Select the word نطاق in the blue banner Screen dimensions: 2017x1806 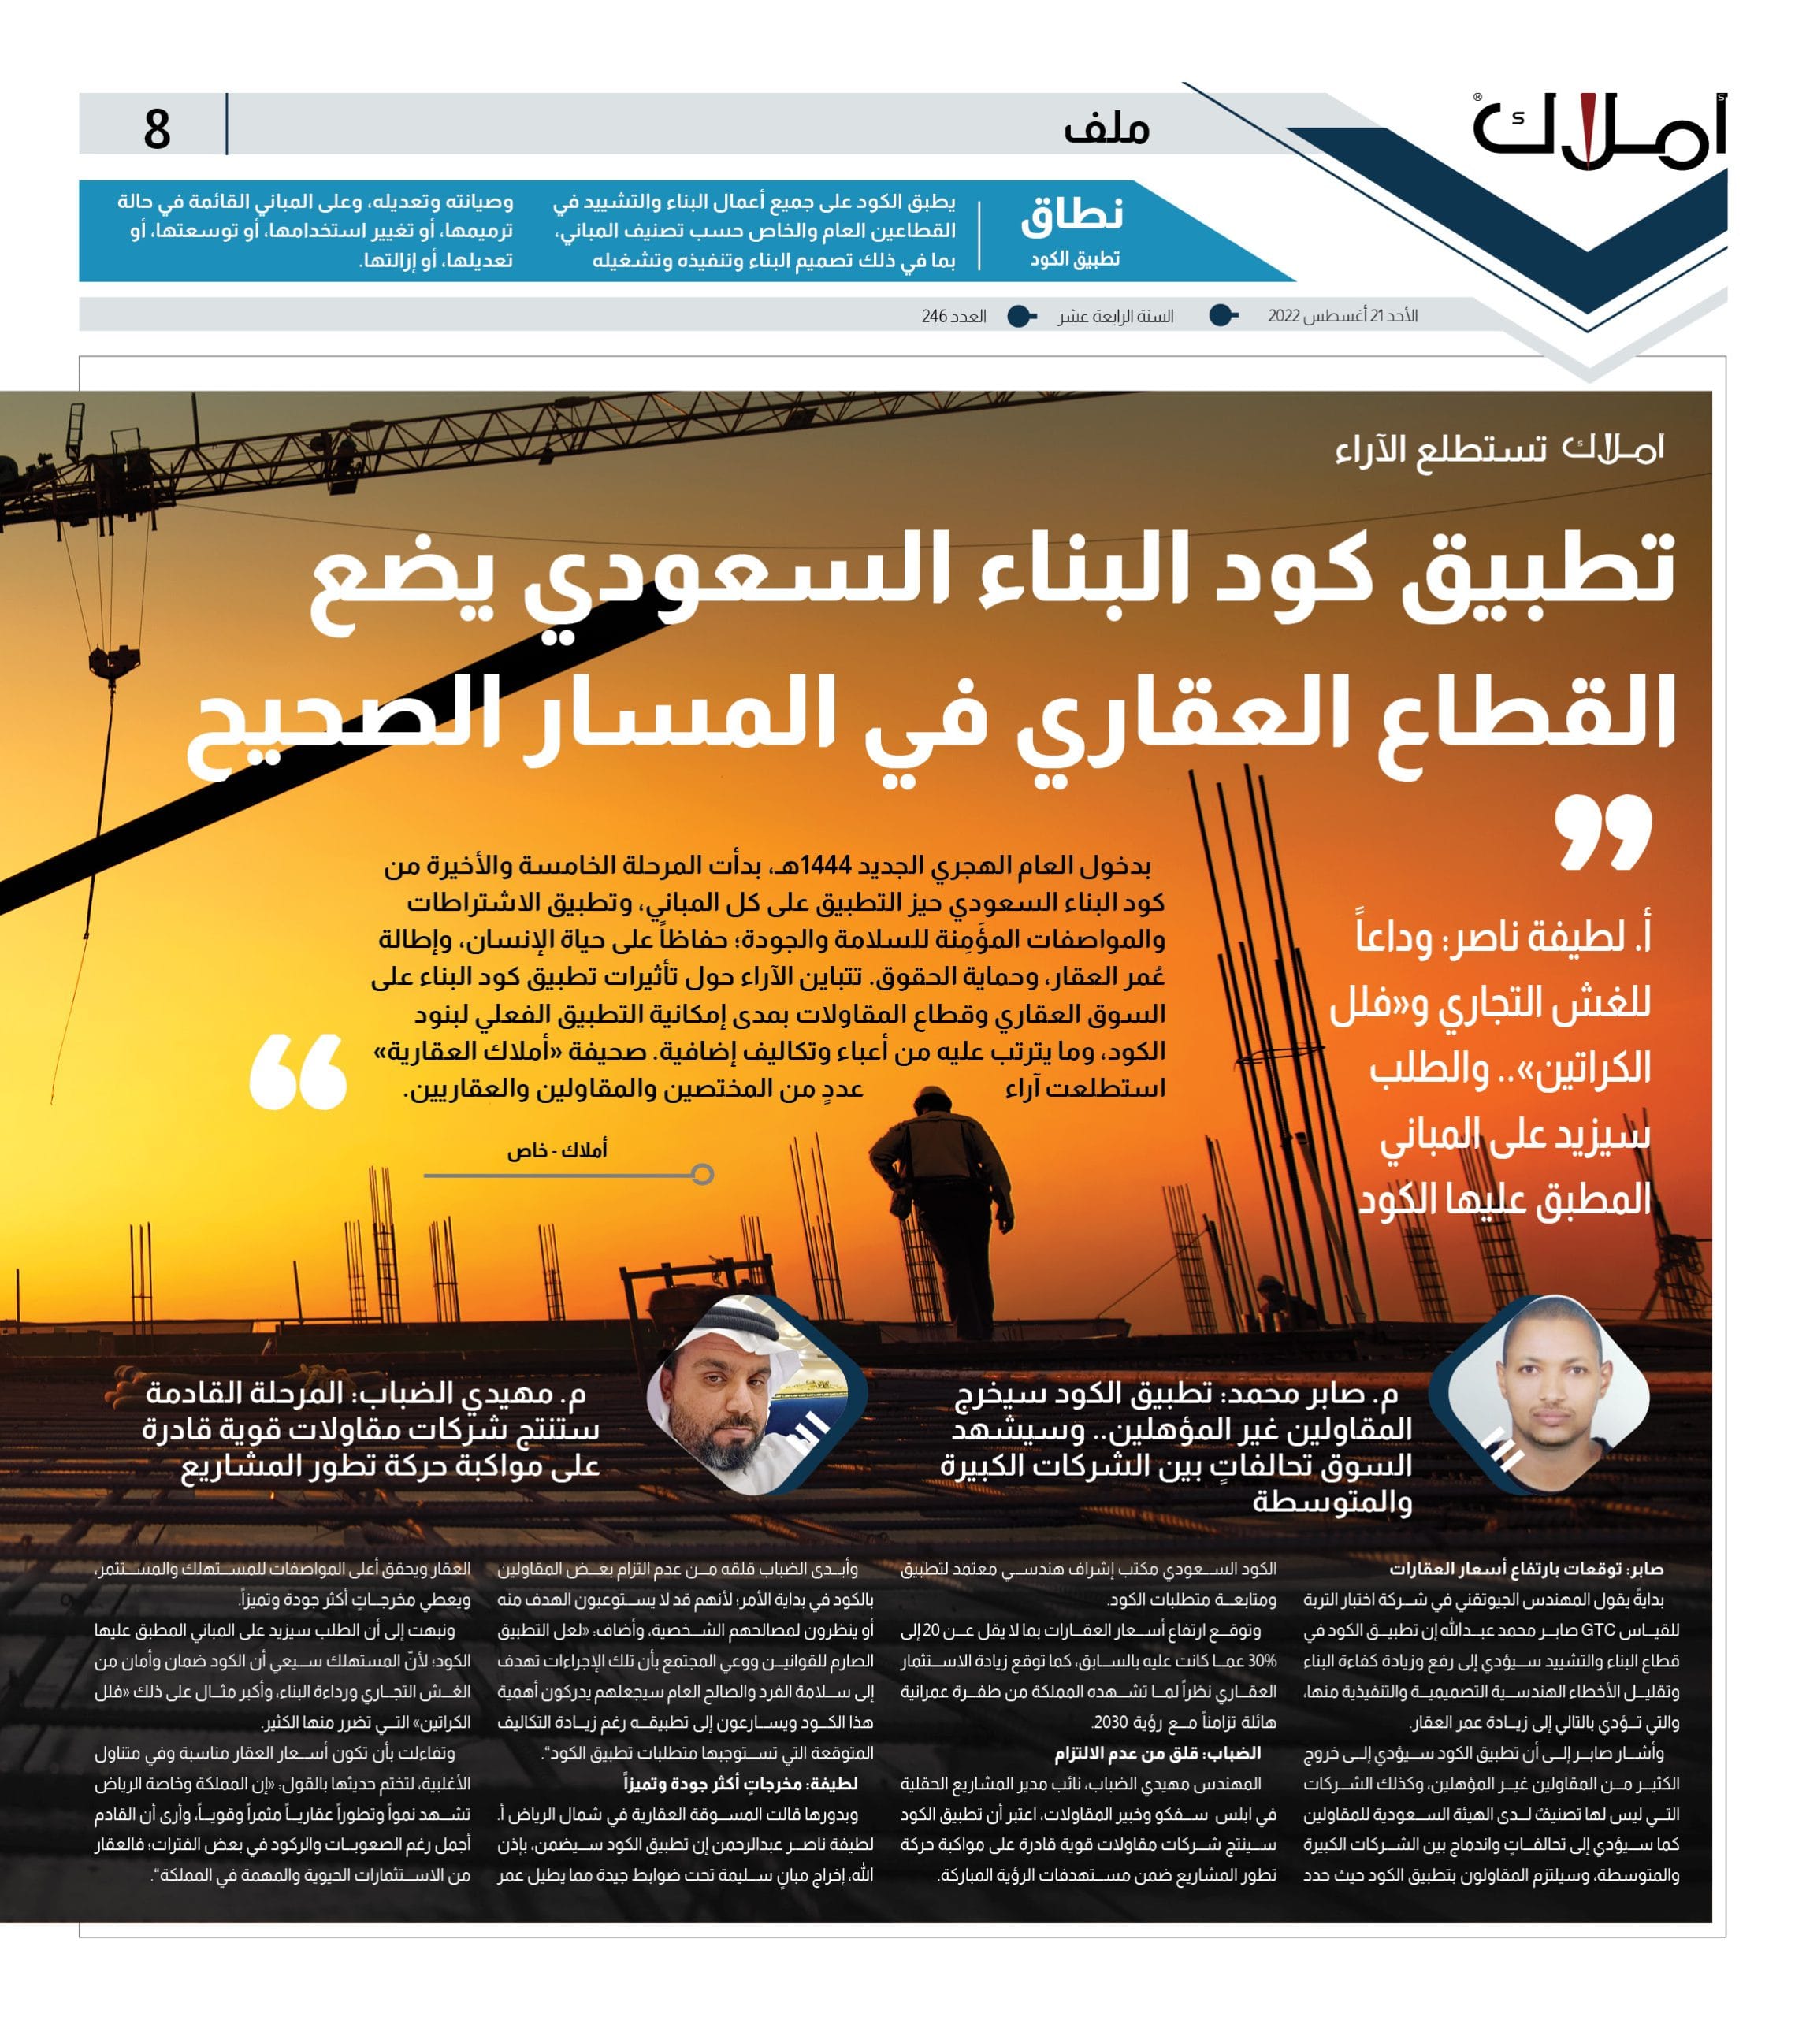click(1072, 215)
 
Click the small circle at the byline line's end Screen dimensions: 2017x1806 click(703, 1175)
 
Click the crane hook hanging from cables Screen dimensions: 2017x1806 click(112, 663)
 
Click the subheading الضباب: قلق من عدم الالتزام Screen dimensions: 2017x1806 click(1156, 1753)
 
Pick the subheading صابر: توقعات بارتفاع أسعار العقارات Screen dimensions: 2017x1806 click(1525, 1569)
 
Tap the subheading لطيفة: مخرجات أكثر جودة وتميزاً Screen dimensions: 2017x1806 click(740, 1783)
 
